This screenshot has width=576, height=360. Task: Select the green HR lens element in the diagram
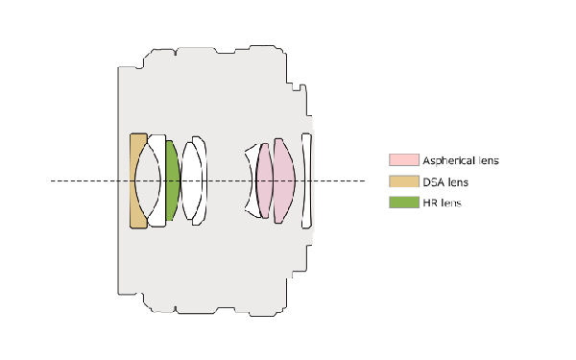(x=172, y=180)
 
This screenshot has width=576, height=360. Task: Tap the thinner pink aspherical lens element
(x=265, y=180)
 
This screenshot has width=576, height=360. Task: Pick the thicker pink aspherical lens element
(x=284, y=180)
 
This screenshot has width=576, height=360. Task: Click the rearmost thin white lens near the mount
(x=306, y=180)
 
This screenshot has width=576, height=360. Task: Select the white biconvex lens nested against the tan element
(x=148, y=180)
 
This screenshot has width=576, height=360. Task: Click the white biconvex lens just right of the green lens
(x=191, y=180)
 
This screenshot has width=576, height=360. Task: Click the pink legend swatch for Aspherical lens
(x=404, y=159)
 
